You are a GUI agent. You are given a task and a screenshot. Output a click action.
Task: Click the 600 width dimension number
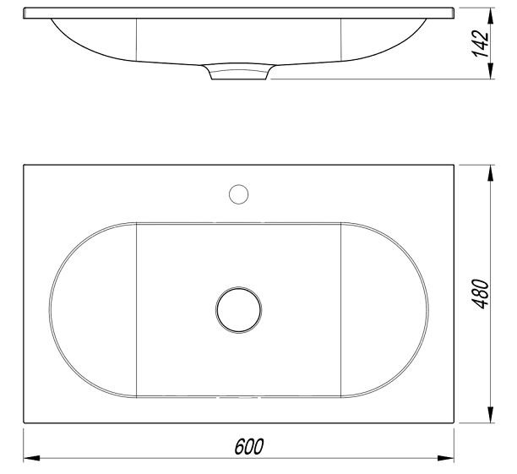(x=249, y=446)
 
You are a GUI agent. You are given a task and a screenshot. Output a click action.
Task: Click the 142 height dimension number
(x=481, y=44)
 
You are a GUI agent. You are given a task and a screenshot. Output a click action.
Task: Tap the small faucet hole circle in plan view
(x=239, y=194)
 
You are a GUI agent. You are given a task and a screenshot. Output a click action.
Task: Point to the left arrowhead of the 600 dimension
(x=31, y=458)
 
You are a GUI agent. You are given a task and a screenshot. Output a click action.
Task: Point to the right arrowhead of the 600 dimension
(x=445, y=458)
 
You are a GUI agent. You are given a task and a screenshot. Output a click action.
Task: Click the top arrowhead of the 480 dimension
(x=491, y=173)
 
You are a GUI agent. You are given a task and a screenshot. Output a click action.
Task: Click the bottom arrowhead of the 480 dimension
(x=491, y=414)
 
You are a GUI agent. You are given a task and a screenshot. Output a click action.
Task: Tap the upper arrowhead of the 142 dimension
(x=491, y=16)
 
